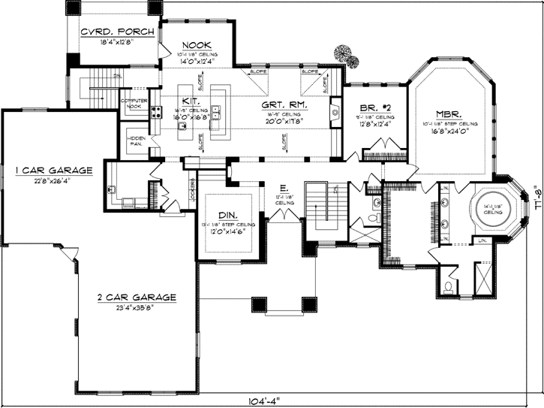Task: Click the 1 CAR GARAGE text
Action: point(53,171)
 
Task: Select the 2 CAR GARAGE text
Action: point(137,298)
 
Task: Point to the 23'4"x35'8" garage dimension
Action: point(137,307)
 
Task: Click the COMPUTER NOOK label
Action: point(140,104)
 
